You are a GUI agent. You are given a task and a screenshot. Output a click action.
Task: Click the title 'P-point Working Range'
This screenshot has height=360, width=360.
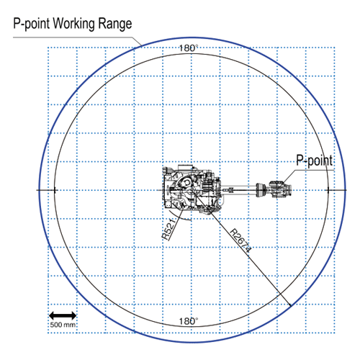[x=73, y=24]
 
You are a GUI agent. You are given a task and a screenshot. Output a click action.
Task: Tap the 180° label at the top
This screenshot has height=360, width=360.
[x=189, y=48]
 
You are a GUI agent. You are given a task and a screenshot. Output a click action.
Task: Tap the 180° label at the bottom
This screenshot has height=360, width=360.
[x=189, y=321]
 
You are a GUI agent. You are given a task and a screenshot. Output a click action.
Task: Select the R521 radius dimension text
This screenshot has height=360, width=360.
[x=168, y=229]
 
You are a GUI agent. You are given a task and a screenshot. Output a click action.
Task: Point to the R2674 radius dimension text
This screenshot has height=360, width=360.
[x=240, y=240]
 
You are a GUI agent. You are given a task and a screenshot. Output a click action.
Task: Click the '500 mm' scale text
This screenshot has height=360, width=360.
[x=63, y=325]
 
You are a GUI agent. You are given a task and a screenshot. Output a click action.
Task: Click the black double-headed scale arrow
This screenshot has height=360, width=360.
[x=63, y=315]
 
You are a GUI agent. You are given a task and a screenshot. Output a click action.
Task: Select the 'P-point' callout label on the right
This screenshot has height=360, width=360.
[x=315, y=161]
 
